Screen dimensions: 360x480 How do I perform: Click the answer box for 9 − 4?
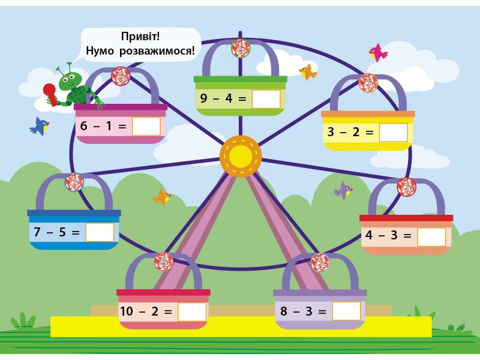point(266,99)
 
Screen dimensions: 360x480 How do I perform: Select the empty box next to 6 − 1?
point(146,127)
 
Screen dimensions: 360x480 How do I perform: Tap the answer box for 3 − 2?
point(393,133)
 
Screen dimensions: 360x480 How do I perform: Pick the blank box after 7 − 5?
point(100,232)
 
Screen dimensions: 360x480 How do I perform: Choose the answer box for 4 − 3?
point(431,237)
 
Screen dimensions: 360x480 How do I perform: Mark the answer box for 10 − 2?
point(192,312)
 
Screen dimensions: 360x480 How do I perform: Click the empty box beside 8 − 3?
point(346,311)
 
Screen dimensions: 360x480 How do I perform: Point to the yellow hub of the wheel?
point(241,157)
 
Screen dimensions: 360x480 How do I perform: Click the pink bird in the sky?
point(377,53)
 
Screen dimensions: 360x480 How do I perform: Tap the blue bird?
point(40,126)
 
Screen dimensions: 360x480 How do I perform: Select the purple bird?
point(343,191)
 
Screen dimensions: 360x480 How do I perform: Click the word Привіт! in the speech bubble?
point(140,37)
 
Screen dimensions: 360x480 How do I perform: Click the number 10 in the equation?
point(127,312)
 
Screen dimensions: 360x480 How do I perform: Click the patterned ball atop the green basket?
point(241,49)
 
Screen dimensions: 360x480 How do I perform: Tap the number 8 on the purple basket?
point(284,312)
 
